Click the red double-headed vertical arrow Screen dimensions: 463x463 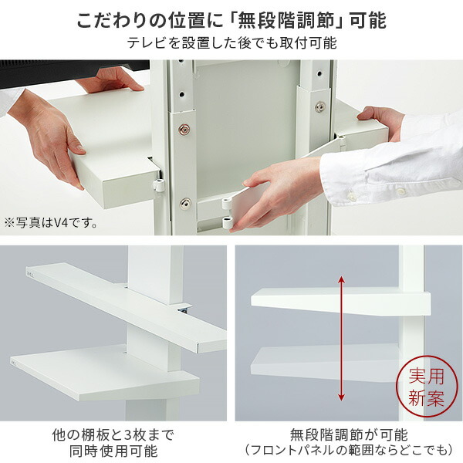341,339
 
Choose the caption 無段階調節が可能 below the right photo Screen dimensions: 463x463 349,434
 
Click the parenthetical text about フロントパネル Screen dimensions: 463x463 349,450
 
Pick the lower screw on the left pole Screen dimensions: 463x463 184,204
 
